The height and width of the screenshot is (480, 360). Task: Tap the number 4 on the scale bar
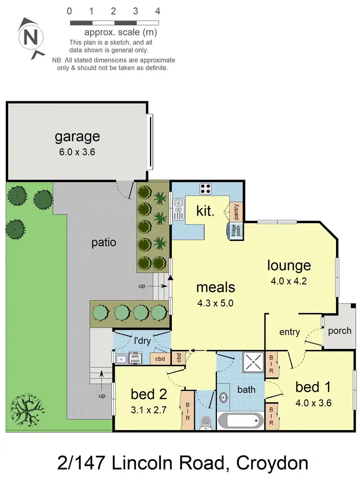click(157, 11)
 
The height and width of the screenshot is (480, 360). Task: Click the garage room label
click(77, 136)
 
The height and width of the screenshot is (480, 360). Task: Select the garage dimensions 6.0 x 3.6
click(77, 152)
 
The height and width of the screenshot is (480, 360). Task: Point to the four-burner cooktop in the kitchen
click(206, 188)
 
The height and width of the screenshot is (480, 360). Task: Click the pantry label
click(236, 211)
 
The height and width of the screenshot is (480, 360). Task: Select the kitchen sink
click(179, 210)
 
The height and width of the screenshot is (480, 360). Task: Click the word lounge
click(289, 265)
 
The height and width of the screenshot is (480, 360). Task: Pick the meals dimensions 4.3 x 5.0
click(216, 303)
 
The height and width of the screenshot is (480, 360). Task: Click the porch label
click(339, 331)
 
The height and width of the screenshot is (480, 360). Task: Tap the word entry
click(289, 332)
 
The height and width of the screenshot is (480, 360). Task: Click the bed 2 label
click(149, 394)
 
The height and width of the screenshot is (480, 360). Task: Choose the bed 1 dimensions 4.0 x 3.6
click(313, 403)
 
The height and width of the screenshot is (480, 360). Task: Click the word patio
click(104, 242)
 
